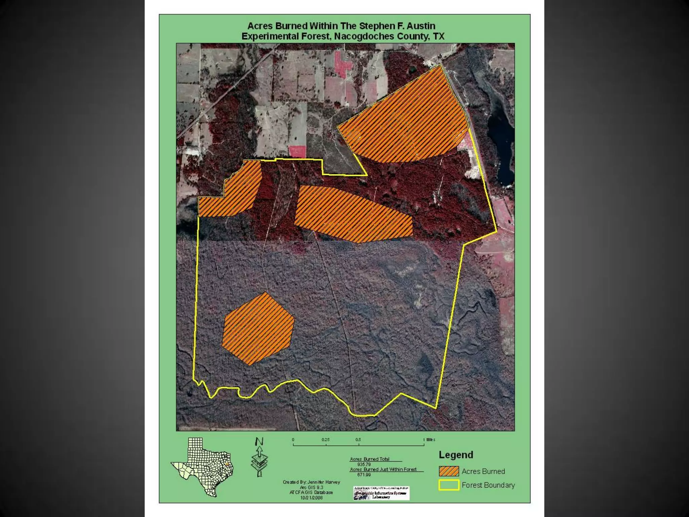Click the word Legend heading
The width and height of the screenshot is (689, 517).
tap(456, 455)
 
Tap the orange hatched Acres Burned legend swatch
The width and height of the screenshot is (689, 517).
tap(449, 471)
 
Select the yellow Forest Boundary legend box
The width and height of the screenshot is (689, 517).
tap(449, 485)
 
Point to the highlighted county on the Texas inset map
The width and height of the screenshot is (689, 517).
tap(228, 463)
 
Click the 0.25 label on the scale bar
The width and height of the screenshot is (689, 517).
tap(325, 440)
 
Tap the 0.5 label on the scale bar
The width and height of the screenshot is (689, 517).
tap(358, 440)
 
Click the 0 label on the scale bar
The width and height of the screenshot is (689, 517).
tap(293, 440)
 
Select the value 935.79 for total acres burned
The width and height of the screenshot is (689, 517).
tap(364, 464)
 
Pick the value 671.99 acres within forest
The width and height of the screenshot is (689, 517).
tap(364, 475)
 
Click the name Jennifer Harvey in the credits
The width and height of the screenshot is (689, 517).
tap(324, 482)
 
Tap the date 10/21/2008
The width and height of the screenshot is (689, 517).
tap(311, 498)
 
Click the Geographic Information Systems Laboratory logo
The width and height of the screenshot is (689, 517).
tap(382, 493)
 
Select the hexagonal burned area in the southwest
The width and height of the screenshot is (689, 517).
tap(258, 329)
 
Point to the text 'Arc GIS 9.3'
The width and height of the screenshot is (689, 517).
tap(311, 487)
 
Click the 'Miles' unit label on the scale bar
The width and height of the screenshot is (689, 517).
tap(431, 440)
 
